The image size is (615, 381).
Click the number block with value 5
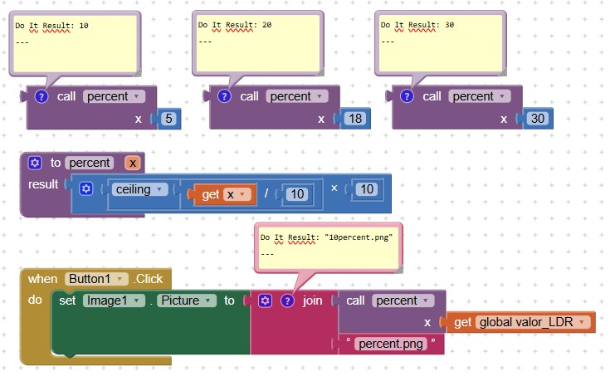[x=169, y=119]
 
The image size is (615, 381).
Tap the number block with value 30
[x=537, y=119]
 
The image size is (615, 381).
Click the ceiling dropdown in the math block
[x=139, y=189]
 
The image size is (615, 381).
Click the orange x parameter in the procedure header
[x=133, y=163]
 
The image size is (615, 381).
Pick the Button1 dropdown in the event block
[x=99, y=279]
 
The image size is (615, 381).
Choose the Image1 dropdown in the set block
[x=115, y=300]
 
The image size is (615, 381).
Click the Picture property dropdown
[x=188, y=300]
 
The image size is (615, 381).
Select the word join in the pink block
[x=313, y=300]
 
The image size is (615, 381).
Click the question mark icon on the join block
[x=288, y=300]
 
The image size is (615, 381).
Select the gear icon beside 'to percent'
[x=35, y=163]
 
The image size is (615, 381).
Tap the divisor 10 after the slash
[x=295, y=194]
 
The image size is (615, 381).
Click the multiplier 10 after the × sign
[x=366, y=189]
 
